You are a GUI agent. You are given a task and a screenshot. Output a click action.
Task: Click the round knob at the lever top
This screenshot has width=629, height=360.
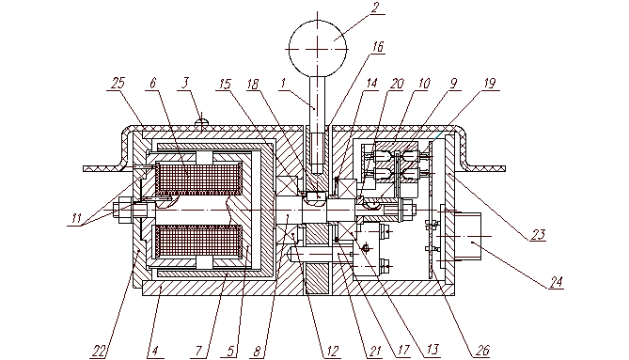click(x=318, y=49)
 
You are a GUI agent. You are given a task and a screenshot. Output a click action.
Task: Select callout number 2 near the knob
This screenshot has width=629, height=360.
click(x=374, y=8)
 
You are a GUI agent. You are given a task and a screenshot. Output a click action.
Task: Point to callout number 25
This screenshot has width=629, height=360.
click(x=118, y=84)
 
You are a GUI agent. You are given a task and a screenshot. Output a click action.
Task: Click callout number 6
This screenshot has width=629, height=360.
click(x=153, y=84)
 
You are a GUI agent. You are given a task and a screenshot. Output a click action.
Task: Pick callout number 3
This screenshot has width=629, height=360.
click(x=184, y=84)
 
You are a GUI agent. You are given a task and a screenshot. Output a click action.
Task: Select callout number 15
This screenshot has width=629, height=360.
click(x=226, y=85)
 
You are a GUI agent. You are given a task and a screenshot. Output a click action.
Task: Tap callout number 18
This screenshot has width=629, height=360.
click(x=253, y=85)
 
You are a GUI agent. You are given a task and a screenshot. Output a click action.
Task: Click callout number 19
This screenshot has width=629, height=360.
click(x=490, y=84)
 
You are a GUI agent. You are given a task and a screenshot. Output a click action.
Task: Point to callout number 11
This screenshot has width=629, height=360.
click(x=77, y=219)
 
